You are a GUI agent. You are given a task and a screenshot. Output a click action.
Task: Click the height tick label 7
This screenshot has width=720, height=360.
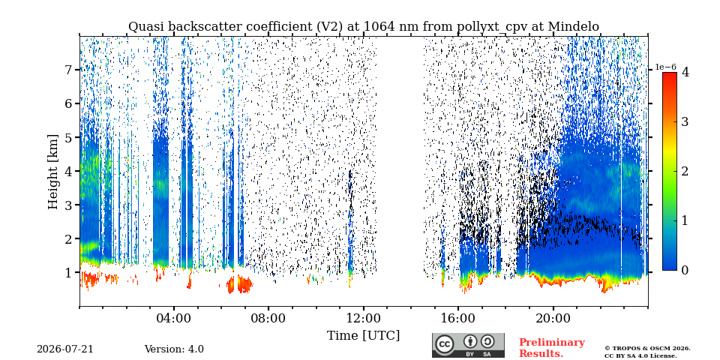click(x=69, y=70)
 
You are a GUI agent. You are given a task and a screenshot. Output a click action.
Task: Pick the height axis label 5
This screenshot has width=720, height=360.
click(x=69, y=137)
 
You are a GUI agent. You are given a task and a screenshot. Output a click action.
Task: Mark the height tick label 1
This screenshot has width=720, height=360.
click(x=69, y=273)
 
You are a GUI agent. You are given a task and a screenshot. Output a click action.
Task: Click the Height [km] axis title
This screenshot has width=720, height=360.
click(x=53, y=172)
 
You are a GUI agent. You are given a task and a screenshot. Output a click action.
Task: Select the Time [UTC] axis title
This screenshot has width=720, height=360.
click(x=363, y=336)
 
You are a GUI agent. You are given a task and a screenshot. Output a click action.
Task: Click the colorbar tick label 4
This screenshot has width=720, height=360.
click(x=685, y=72)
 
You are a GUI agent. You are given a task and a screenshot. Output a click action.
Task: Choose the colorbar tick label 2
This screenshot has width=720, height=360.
click(x=685, y=171)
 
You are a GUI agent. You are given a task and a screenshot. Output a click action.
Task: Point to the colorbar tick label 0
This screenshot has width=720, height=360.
click(x=685, y=271)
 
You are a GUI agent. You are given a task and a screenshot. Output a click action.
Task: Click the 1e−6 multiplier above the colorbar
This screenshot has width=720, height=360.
click(x=665, y=67)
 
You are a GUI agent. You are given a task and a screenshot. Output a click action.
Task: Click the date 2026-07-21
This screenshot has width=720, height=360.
click(x=65, y=349)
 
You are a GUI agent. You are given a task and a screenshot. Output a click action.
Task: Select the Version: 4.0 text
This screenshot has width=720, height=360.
click(x=174, y=349)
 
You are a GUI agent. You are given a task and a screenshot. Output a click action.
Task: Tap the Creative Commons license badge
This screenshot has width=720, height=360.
click(x=468, y=345)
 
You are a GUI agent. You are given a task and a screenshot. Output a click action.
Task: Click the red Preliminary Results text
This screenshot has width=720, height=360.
click(x=552, y=348)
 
